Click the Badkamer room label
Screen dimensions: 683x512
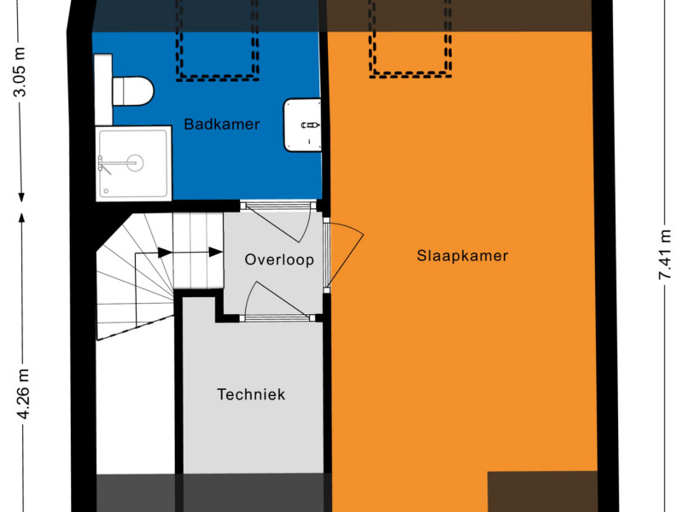click(x=222, y=124)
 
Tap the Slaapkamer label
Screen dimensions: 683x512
click(x=462, y=255)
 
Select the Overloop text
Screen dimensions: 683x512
click(x=279, y=259)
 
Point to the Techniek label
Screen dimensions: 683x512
click(x=251, y=394)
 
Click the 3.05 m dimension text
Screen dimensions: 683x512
click(x=20, y=71)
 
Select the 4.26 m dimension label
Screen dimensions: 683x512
click(x=22, y=393)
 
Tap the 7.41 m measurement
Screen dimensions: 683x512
click(x=665, y=254)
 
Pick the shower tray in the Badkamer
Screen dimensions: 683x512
click(x=134, y=164)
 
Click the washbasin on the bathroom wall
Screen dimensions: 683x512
click(x=302, y=125)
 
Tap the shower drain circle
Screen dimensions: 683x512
click(x=135, y=163)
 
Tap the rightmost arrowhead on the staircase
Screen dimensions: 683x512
click(x=216, y=252)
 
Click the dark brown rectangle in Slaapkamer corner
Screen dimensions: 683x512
click(x=542, y=492)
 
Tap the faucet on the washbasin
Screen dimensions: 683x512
click(x=310, y=125)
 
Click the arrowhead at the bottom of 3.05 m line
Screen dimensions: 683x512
click(x=20, y=197)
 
